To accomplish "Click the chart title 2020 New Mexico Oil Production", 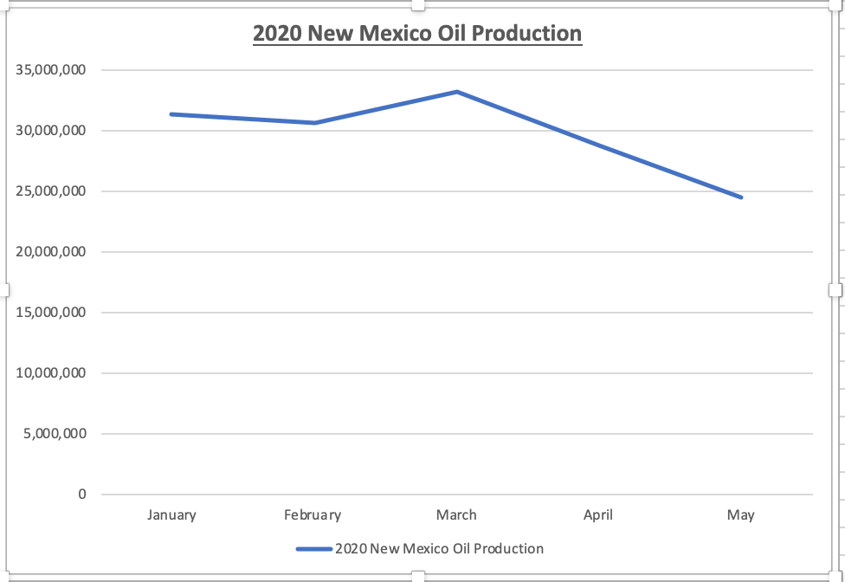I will (x=417, y=34).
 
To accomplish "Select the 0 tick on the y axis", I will (x=82, y=495).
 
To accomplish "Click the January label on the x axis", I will (x=171, y=515).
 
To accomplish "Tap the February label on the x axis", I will (x=313, y=515).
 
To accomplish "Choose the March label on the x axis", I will (x=456, y=515).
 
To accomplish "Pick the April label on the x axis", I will (x=598, y=515).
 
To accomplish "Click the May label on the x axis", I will (x=741, y=515).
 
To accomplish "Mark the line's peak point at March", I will (x=456, y=92).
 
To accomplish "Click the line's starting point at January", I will (x=171, y=114).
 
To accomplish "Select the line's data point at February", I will (x=314, y=123).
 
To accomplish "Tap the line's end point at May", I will (x=741, y=197).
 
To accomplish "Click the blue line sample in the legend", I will (x=313, y=549).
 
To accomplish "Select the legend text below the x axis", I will (x=439, y=549).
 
